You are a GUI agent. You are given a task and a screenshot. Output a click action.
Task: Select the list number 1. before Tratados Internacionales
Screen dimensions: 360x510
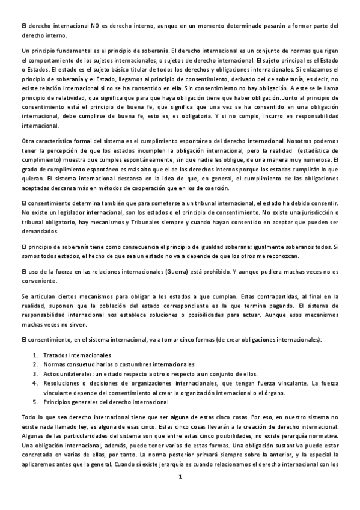coord(35,355)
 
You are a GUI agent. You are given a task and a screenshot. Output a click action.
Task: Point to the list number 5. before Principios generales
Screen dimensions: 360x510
coord(35,401)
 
